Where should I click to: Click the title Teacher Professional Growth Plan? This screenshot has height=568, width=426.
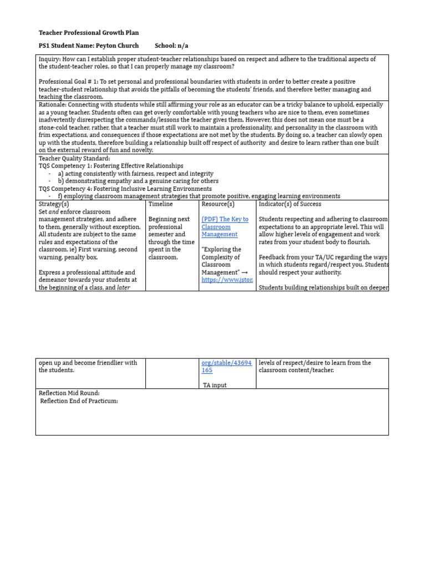[x=88, y=33]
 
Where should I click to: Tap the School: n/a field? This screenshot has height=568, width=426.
[x=175, y=45]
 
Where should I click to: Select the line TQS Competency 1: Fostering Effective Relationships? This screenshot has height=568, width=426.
[x=111, y=166]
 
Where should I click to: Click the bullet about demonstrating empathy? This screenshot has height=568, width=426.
[x=138, y=181]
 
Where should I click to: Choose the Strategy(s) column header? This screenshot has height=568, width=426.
[x=54, y=204]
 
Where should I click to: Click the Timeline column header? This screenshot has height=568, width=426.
[x=160, y=204]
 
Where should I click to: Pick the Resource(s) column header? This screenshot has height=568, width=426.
[x=218, y=204]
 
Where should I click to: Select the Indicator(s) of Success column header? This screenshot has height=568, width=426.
[x=290, y=204]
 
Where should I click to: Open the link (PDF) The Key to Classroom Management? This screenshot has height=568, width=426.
[x=225, y=227]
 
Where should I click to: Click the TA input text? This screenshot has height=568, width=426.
[x=215, y=386]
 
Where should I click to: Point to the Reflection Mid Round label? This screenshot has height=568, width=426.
[x=69, y=393]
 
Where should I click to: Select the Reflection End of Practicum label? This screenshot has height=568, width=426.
[x=79, y=401]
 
